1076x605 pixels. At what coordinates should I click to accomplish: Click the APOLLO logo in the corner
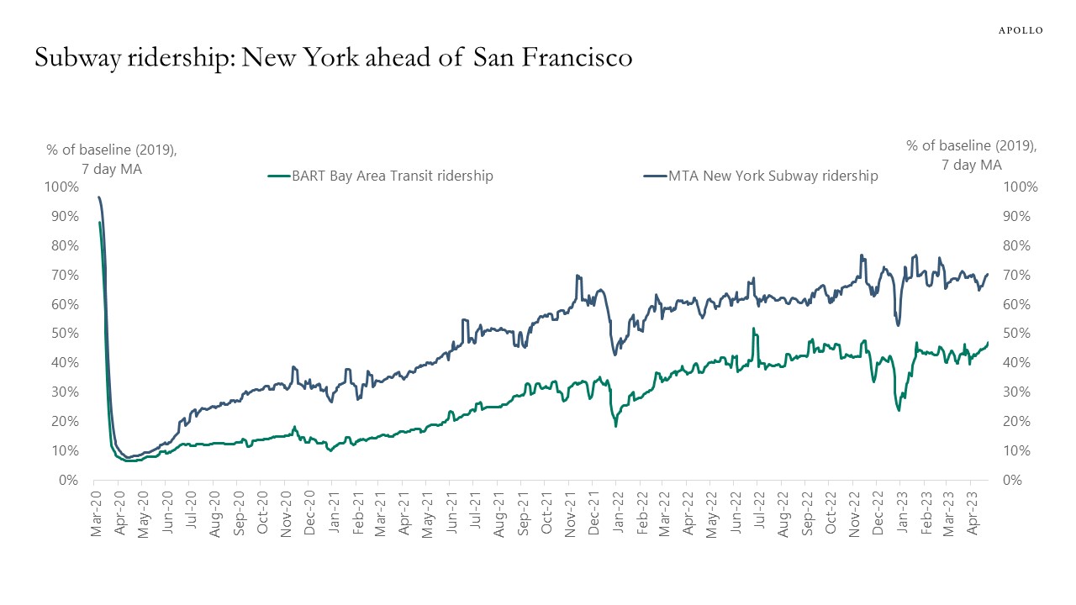point(1020,30)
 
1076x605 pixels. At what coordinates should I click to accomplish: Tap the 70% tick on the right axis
point(1018,275)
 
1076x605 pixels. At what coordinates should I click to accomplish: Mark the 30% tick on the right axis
point(1018,392)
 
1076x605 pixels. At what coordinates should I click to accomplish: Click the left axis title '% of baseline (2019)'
point(111,150)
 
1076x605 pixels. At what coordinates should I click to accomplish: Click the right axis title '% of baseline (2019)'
point(971,145)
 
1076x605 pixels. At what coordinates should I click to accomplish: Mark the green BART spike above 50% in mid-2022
point(754,329)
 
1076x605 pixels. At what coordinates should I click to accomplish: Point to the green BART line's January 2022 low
point(615,425)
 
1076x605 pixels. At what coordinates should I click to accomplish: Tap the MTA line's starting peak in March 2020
point(99,197)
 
